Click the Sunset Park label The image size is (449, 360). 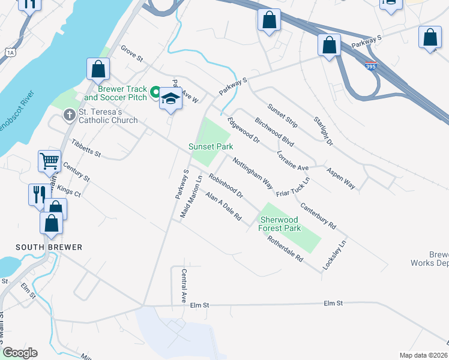click(x=211, y=146)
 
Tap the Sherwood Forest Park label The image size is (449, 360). click(x=279, y=224)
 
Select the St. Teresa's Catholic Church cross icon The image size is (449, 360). click(x=70, y=113)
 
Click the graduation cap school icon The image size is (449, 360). click(x=171, y=99)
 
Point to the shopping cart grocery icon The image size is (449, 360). click(x=50, y=160)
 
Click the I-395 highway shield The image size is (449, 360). click(x=370, y=67)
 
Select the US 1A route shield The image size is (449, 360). click(x=10, y=53)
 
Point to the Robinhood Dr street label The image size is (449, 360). click(x=226, y=186)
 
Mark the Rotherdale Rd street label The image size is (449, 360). click(x=286, y=247)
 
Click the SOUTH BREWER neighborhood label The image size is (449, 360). click(x=49, y=247)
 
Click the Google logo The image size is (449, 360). click(x=20, y=353)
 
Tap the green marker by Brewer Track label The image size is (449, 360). click(x=155, y=92)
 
